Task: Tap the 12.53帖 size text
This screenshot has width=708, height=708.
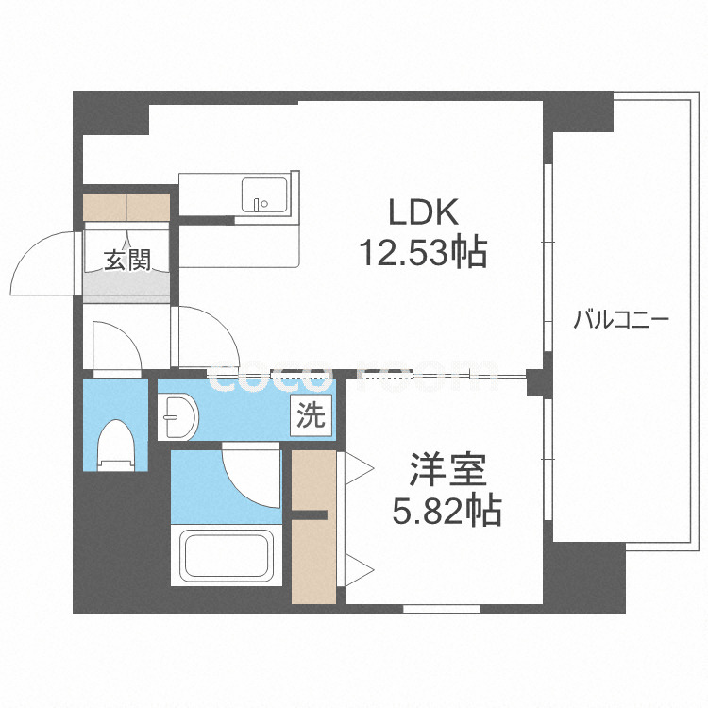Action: tap(422, 252)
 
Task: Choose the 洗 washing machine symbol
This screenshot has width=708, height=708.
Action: tap(312, 416)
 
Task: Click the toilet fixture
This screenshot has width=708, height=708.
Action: tap(116, 443)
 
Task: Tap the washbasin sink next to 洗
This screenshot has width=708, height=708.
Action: tap(177, 415)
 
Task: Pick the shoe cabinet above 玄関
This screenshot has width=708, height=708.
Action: tap(126, 206)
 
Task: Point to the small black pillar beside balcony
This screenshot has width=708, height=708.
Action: tap(535, 381)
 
